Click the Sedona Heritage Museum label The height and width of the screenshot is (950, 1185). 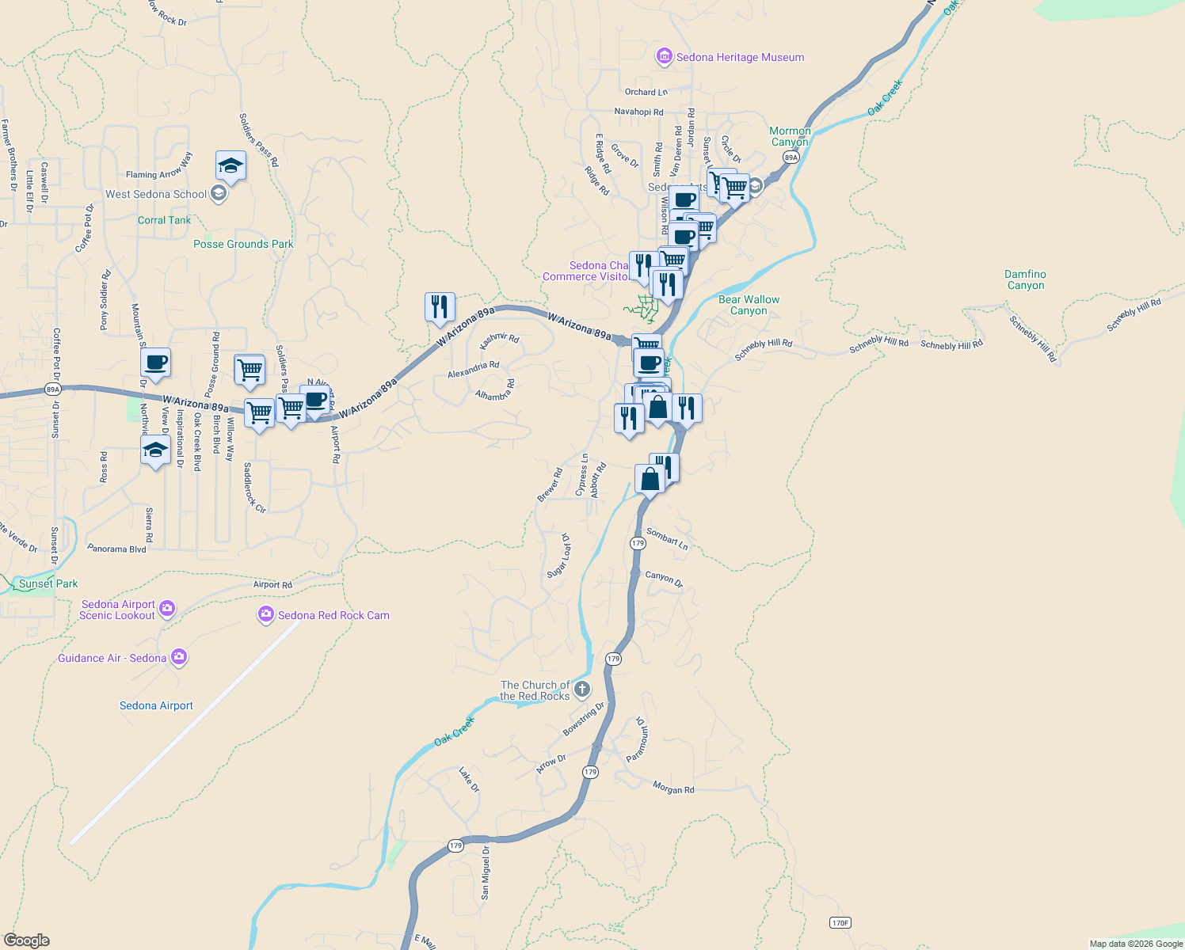(x=740, y=57)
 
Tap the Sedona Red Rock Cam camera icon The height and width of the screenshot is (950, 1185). (x=266, y=614)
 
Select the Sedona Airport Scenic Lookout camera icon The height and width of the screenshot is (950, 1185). (x=167, y=609)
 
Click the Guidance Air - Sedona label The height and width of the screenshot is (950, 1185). (x=112, y=658)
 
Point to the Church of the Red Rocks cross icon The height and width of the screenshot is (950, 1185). (x=582, y=689)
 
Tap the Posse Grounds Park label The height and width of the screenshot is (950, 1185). (x=243, y=244)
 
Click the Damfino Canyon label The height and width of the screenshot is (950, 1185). (x=1025, y=280)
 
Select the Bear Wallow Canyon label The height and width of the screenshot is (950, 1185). (x=749, y=305)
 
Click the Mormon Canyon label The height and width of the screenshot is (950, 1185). (x=790, y=136)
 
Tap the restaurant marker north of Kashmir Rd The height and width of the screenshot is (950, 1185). (x=440, y=306)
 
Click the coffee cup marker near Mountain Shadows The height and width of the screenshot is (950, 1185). (x=156, y=363)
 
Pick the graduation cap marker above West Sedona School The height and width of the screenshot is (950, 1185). (x=231, y=165)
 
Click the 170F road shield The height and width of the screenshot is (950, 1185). (x=840, y=923)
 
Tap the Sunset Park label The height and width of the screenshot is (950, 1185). (x=48, y=583)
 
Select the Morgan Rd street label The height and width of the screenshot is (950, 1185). (x=673, y=788)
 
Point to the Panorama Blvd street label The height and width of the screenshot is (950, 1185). (x=116, y=549)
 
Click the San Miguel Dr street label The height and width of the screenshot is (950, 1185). (x=485, y=872)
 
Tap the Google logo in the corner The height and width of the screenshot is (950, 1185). (x=27, y=940)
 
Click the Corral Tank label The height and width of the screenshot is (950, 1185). (x=164, y=220)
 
